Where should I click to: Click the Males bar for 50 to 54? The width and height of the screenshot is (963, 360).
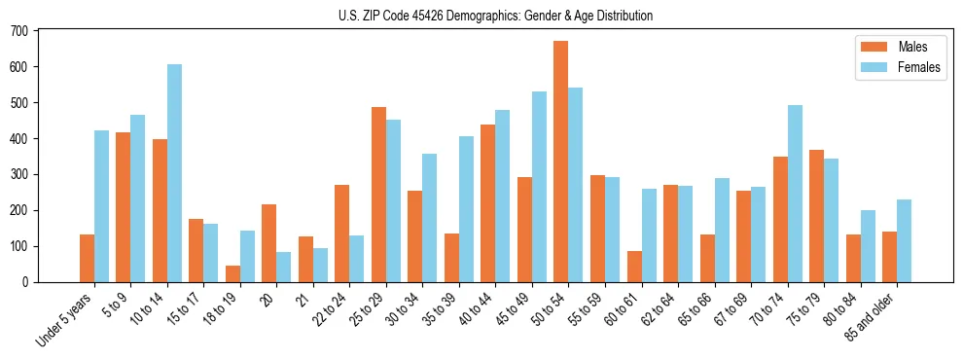(x=561, y=162)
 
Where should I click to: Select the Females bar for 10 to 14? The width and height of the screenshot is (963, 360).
(x=174, y=173)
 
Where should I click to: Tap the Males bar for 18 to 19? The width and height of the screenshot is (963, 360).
(x=232, y=273)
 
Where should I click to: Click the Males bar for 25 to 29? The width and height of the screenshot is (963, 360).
(x=378, y=195)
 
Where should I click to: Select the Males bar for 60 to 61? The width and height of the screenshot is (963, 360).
(x=634, y=267)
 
